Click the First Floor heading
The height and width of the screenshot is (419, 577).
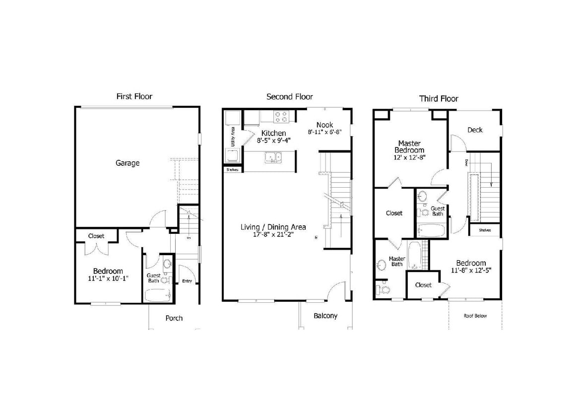click(134, 96)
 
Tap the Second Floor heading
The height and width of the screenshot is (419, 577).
click(289, 97)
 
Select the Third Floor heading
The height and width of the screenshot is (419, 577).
click(439, 99)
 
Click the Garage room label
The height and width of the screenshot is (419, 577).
click(128, 163)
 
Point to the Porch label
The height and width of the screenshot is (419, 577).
click(174, 318)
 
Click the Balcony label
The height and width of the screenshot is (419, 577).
click(325, 316)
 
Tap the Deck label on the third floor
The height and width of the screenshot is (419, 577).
click(475, 130)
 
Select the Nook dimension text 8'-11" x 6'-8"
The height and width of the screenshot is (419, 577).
click(325, 133)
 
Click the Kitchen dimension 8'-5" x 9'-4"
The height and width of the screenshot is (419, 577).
click(273, 140)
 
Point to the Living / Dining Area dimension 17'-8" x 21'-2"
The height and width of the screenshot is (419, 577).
click(273, 235)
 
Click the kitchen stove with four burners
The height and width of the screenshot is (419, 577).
click(281, 117)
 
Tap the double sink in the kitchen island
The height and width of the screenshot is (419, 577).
click(272, 158)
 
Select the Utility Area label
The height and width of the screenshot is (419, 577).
click(232, 136)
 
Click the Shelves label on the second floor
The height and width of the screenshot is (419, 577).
click(232, 170)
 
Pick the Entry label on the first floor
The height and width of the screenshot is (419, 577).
click(187, 281)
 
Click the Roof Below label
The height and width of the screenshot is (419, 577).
click(475, 316)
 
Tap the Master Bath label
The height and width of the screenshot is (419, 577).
click(397, 261)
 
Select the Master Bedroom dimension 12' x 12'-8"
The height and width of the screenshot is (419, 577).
click(409, 157)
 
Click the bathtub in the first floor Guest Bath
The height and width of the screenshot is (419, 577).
click(158, 295)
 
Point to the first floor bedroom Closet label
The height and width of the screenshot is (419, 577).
click(96, 236)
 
